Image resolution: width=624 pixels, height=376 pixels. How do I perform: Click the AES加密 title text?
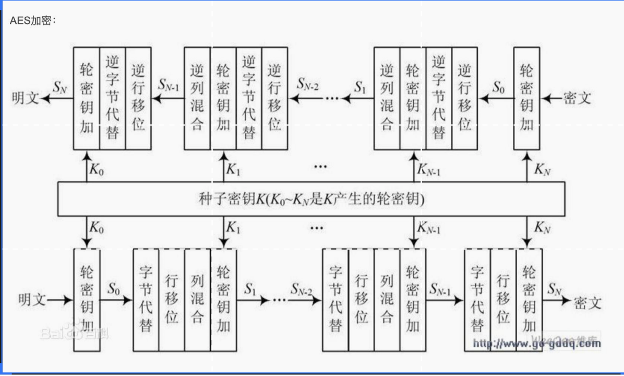click(x=32, y=21)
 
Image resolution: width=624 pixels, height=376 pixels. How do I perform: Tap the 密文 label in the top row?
click(x=577, y=98)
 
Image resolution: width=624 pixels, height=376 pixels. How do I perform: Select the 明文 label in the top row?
click(x=26, y=98)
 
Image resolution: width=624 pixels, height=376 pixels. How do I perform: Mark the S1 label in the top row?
click(x=360, y=86)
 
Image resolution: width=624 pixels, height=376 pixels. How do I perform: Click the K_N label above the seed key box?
click(x=543, y=169)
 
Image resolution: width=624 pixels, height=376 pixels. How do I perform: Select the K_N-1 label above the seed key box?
click(x=429, y=169)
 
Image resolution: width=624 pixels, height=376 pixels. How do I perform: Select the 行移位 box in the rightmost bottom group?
click(x=503, y=299)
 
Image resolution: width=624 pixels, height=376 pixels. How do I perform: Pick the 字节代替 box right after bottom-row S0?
click(x=146, y=299)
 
